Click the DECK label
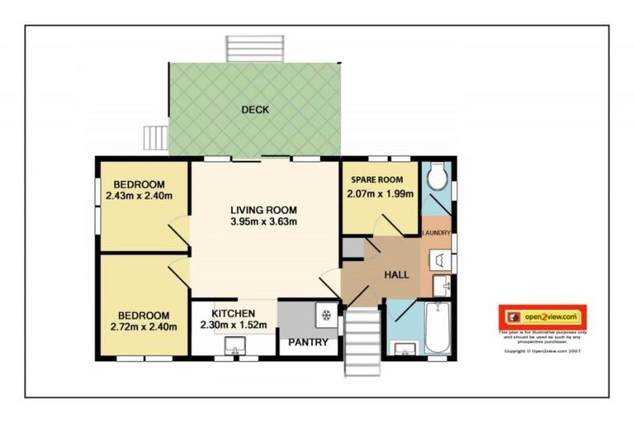(255, 110)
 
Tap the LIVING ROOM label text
(263, 210)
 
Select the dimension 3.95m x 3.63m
(263, 221)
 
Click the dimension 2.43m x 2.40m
(140, 196)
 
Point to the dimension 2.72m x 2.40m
(143, 326)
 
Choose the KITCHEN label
(233, 314)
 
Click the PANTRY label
(308, 342)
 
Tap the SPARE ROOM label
(376, 180)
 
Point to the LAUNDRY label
(435, 234)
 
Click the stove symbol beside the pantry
(326, 314)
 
